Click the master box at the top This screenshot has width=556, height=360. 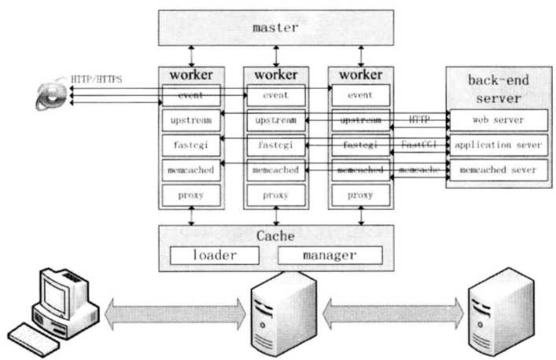(x=276, y=28)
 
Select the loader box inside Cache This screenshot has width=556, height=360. (x=215, y=255)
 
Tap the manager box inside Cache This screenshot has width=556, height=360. (x=330, y=255)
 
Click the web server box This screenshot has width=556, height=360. (x=498, y=119)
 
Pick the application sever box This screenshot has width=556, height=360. (x=498, y=145)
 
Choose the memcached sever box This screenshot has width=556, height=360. (x=498, y=170)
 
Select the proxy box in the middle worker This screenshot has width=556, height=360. (x=275, y=194)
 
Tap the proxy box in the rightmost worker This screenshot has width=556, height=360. (x=360, y=194)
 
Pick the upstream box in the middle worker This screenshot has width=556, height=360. (x=275, y=120)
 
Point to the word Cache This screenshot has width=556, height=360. (x=275, y=237)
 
